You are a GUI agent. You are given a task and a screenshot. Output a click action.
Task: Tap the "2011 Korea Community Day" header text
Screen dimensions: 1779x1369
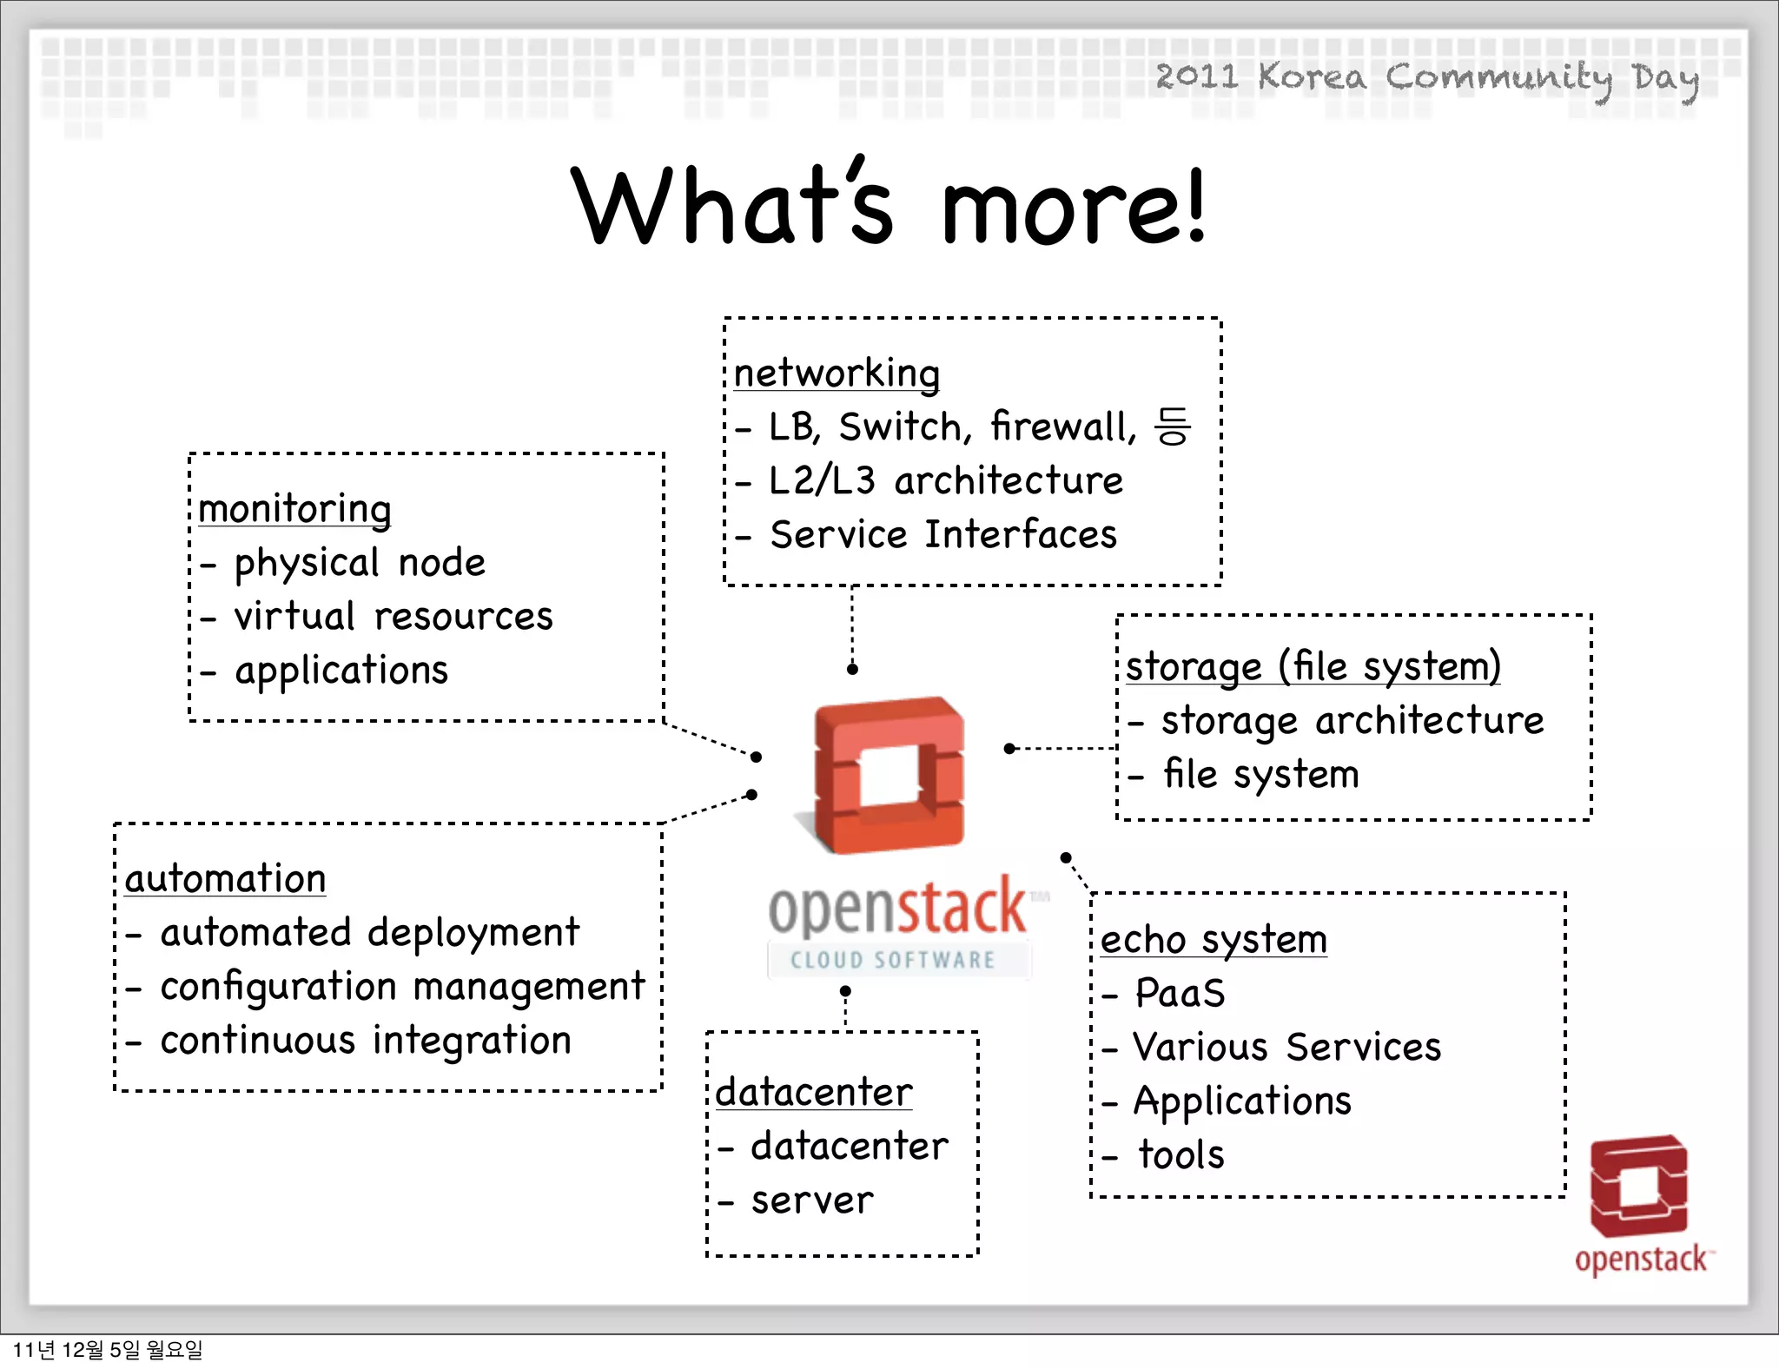point(1426,78)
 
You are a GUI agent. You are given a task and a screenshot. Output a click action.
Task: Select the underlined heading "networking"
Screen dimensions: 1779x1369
point(837,374)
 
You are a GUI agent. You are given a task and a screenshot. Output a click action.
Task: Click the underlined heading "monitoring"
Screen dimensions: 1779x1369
point(294,509)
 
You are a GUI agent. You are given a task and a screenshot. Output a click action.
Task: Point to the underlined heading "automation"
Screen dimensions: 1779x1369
point(225,879)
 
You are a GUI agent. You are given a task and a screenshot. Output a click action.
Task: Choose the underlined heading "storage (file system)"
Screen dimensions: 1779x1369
point(1313,667)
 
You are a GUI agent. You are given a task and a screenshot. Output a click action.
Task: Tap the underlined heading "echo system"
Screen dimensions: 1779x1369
point(1214,940)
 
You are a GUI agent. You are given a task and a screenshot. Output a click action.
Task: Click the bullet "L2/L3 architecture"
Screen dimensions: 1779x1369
point(945,481)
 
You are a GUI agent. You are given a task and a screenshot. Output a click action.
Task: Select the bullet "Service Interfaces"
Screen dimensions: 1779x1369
point(942,535)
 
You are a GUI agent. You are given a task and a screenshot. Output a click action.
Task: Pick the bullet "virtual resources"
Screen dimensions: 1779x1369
point(393,617)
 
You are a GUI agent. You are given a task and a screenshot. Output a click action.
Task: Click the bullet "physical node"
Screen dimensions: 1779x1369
point(359,563)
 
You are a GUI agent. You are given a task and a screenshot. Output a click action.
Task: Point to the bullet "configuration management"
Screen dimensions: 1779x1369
point(402,987)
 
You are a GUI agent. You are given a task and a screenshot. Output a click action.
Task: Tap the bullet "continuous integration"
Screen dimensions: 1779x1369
point(366,1041)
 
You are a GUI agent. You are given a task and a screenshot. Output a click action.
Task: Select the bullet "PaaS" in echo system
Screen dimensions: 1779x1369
point(1180,994)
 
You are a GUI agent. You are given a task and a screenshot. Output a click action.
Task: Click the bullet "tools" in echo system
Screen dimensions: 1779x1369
point(1180,1155)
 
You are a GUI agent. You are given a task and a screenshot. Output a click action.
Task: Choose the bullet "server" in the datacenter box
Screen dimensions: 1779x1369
point(811,1200)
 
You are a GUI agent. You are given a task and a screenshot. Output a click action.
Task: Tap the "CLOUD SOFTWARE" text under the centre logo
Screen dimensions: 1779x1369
point(893,960)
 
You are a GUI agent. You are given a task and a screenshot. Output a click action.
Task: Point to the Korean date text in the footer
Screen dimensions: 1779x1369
point(108,1350)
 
